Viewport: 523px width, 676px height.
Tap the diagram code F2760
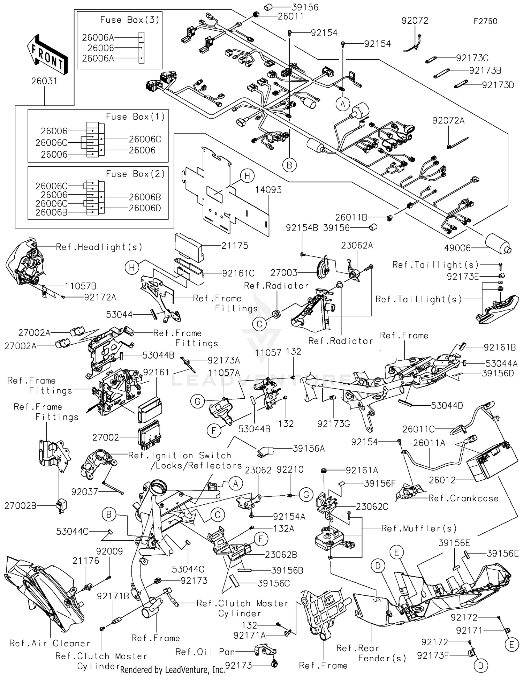pos(485,21)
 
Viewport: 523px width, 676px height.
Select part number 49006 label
pos(457,248)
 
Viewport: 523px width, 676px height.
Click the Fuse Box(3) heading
pos(129,20)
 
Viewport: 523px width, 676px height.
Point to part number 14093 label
pos(268,190)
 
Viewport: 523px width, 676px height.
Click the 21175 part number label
pos(235,246)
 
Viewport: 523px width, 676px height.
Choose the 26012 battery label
pos(442,480)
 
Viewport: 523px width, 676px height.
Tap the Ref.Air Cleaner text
pos(50,643)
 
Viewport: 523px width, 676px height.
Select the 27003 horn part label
pos(284,273)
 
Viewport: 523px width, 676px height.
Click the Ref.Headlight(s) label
pos(99,247)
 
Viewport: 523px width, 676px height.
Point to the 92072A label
pos(448,121)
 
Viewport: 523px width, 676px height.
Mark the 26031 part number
pos(44,81)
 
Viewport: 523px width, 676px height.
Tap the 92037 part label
pos(84,492)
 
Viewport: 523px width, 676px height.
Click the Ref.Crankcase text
pos(463,498)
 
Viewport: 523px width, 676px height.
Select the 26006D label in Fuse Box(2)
pos(145,208)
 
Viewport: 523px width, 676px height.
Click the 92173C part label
pos(472,58)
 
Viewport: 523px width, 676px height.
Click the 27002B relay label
pos(20,505)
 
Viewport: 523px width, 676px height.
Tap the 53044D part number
pos(447,406)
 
